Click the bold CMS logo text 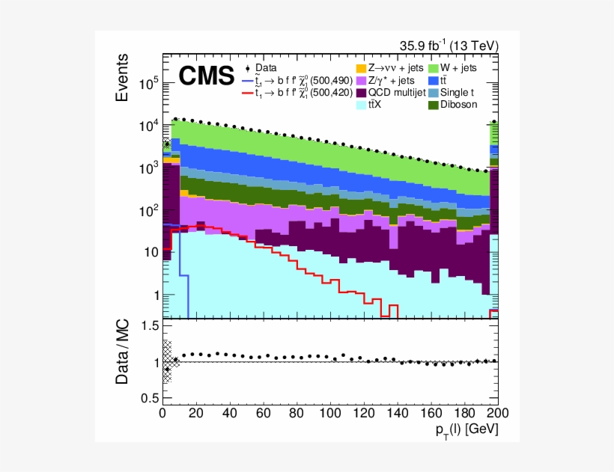(206, 76)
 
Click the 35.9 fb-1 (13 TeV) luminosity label (448, 46)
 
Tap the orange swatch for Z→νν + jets (360, 68)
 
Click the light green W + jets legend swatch (434, 68)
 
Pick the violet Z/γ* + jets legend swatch (360, 80)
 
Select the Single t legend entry (459, 93)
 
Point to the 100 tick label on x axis (330, 411)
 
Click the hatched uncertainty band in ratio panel (167, 361)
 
